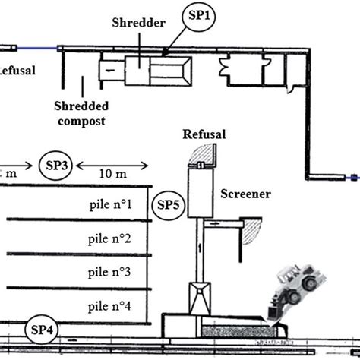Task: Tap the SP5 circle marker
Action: [168, 204]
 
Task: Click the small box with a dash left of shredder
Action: [110, 69]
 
